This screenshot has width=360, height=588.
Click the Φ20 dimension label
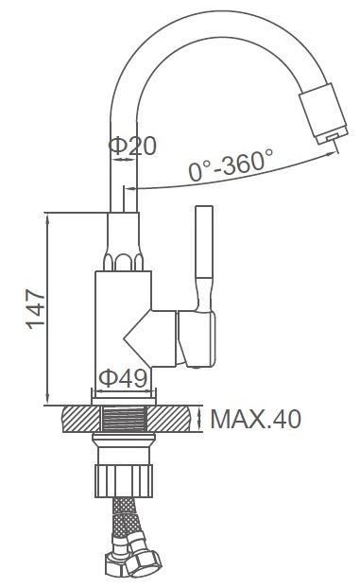click(x=132, y=146)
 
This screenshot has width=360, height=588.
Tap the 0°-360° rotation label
click(x=231, y=164)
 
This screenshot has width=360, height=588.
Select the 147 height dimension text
click(x=36, y=309)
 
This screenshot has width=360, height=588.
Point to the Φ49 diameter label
click(x=123, y=378)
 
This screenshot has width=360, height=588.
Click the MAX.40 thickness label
click(x=256, y=419)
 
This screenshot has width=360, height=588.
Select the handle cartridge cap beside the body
click(x=197, y=338)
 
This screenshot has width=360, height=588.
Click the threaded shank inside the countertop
click(x=124, y=419)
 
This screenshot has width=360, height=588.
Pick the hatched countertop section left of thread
click(x=81, y=419)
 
